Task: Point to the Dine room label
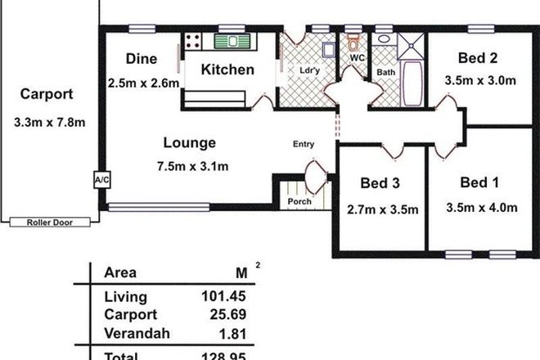click(141, 59)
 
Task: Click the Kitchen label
click(228, 70)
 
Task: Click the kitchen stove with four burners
click(194, 40)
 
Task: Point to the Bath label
click(385, 73)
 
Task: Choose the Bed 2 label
click(479, 59)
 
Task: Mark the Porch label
click(296, 201)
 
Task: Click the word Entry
click(304, 145)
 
